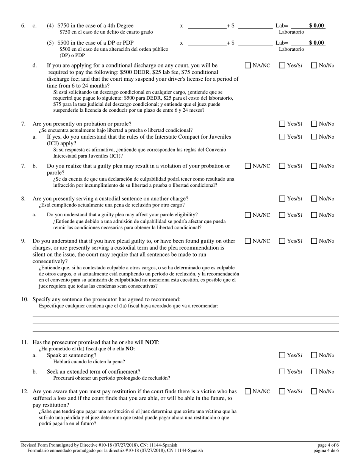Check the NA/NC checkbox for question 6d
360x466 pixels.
pos(248,65)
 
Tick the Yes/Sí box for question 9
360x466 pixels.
pos(282,241)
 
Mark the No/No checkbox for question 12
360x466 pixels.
pos(315,391)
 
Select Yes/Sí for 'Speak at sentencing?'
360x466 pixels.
pos(282,355)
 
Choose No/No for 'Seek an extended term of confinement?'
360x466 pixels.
pos(315,372)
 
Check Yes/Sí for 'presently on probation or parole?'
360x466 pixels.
pos(282,124)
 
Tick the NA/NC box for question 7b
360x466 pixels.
pos(248,166)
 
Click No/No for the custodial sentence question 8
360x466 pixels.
pos(315,199)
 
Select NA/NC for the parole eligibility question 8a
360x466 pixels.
pos(248,215)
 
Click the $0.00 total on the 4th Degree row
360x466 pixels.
pos(316,26)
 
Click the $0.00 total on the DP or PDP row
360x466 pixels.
pos(316,42)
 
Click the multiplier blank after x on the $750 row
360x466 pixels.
pos(207,26)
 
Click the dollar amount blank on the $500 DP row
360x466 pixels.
pos(255,43)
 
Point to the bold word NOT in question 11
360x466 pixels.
pos(152,342)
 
